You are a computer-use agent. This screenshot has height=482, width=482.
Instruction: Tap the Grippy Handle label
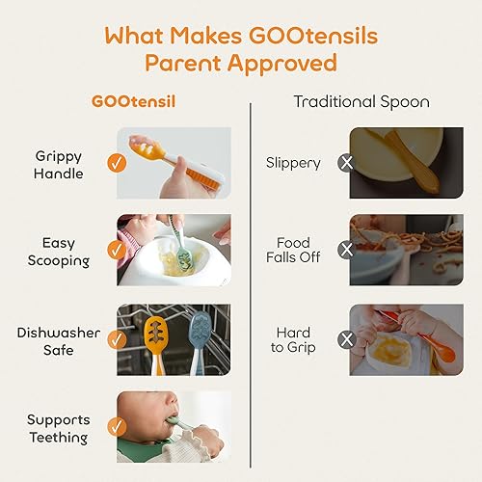pyautogui.click(x=58, y=165)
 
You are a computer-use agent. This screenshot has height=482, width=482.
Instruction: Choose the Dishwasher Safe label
pyautogui.click(x=59, y=340)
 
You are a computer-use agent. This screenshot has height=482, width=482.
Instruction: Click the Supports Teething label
pyautogui.click(x=59, y=428)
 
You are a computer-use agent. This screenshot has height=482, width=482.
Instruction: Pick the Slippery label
pyautogui.click(x=294, y=163)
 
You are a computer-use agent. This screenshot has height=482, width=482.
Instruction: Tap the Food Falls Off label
pyautogui.click(x=293, y=251)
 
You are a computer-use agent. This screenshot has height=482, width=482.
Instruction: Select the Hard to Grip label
pyautogui.click(x=293, y=340)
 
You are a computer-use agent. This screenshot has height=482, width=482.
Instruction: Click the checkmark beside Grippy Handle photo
pyautogui.click(x=117, y=163)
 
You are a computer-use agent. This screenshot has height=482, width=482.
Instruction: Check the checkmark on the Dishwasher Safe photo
pyautogui.click(x=117, y=339)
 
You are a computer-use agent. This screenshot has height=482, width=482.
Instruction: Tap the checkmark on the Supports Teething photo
pyautogui.click(x=117, y=427)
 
